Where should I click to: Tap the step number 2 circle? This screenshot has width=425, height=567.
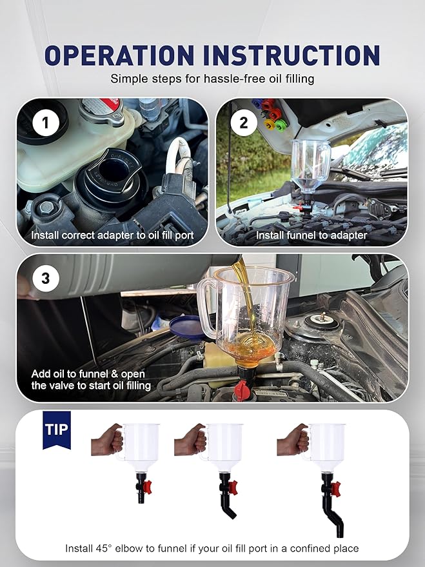point(243,123)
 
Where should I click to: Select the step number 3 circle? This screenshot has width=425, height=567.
point(45,279)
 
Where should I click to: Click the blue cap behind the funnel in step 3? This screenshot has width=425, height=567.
point(186,324)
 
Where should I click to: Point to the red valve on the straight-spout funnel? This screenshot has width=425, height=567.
point(148,484)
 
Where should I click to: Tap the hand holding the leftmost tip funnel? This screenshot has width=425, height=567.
point(107,441)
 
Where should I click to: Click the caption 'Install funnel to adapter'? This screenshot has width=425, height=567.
point(311,235)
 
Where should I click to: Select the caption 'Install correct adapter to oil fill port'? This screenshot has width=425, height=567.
point(112,235)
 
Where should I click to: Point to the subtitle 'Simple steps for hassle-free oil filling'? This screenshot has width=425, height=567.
point(212,79)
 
